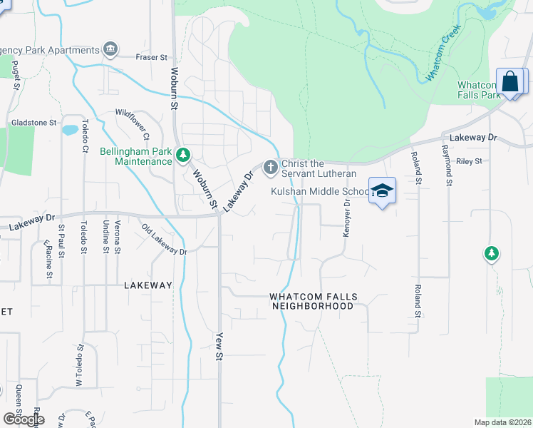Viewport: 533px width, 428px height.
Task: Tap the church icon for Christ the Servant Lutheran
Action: [x=270, y=168]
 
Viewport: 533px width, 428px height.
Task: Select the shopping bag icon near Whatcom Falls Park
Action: [x=511, y=81]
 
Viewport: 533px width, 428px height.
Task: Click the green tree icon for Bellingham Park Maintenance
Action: [x=184, y=155]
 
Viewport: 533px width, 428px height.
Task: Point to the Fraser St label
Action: [x=152, y=57]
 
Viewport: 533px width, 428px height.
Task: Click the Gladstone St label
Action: [x=33, y=123]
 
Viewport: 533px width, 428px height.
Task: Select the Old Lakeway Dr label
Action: [x=164, y=240]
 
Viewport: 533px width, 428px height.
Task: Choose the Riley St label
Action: [x=469, y=161]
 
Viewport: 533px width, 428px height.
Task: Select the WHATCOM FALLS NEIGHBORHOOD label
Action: [x=312, y=301]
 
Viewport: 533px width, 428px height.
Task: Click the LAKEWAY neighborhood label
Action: [x=148, y=285]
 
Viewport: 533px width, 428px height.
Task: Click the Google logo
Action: [x=23, y=419]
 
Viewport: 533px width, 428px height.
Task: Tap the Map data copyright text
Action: [x=502, y=422]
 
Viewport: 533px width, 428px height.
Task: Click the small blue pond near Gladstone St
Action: [x=70, y=131]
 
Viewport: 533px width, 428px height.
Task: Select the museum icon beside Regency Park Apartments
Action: [x=110, y=49]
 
